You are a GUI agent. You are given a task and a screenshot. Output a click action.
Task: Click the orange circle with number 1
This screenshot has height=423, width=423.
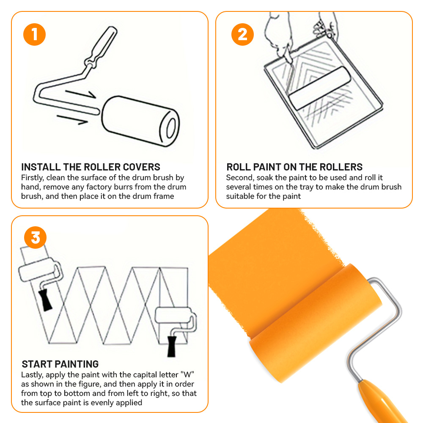tap(35, 35)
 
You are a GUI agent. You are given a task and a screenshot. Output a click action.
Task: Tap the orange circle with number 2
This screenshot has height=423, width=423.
tap(242, 35)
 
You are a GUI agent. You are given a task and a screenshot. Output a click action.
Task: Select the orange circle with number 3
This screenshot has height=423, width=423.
tap(36, 237)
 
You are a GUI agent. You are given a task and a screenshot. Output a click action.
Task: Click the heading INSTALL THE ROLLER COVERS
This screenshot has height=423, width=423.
tap(91, 167)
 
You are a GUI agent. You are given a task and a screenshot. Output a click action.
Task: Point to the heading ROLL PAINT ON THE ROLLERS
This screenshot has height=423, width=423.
tap(294, 167)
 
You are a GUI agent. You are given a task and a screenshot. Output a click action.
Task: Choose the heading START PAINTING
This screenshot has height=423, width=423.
tap(60, 364)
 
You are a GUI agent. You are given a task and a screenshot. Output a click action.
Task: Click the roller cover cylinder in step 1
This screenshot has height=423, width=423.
tap(140, 121)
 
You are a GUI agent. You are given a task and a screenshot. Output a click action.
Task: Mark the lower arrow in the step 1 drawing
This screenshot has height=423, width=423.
tap(72, 120)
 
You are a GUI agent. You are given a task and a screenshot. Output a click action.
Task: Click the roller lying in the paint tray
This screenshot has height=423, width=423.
tap(320, 88)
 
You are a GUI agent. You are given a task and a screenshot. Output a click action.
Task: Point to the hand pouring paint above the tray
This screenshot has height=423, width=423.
tap(278, 35)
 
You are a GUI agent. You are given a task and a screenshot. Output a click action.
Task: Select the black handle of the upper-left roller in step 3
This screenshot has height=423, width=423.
tap(45, 300)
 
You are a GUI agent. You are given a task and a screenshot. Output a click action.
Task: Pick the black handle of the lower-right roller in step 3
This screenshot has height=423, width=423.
tap(172, 346)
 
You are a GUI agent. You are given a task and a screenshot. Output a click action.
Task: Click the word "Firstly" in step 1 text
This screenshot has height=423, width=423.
tap(33, 178)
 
